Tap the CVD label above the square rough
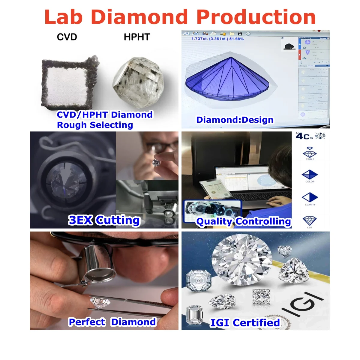pos(67,37)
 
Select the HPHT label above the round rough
pos(137,37)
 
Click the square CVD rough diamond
pos(70,82)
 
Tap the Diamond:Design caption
pos(235,120)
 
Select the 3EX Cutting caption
pos(104,220)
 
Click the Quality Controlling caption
pos(243,221)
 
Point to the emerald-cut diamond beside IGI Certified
pos(194,315)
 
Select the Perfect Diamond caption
pos(112,322)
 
